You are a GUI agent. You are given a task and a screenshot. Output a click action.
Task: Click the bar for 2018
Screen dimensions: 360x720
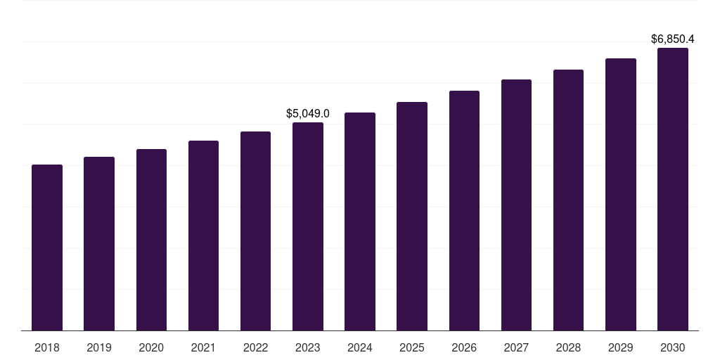[x=47, y=247]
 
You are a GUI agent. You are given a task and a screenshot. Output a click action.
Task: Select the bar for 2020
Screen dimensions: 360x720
[x=151, y=240]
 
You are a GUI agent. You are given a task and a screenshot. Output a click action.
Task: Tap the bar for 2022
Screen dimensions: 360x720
[x=255, y=231]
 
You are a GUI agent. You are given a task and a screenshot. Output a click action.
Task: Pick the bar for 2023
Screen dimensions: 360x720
[x=308, y=226]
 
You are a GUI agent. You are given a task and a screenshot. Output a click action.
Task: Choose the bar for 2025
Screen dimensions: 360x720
[x=412, y=216]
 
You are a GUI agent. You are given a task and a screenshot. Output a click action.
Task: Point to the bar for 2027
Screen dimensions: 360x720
[x=516, y=205]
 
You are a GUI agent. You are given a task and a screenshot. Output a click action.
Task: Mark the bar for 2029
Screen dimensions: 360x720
[x=621, y=194]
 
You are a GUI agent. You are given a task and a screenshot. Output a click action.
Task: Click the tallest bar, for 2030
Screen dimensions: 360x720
[x=673, y=189]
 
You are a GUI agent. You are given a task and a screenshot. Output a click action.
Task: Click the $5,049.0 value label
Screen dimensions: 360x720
[x=308, y=113]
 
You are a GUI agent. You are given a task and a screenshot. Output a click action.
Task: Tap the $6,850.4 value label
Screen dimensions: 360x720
[x=673, y=39]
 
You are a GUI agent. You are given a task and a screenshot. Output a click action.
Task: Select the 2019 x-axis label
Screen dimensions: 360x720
[x=99, y=347]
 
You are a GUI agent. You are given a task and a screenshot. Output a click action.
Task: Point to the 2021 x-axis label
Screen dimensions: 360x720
[x=203, y=347]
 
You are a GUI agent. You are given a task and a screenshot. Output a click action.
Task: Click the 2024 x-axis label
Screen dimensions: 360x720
[x=360, y=347]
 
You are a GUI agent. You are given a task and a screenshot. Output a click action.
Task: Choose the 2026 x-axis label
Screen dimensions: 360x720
[x=464, y=347]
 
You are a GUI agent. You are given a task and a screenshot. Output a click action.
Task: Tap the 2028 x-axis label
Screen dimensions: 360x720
[x=568, y=347]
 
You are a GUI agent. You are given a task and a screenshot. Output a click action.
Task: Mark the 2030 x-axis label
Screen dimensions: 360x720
[x=673, y=347]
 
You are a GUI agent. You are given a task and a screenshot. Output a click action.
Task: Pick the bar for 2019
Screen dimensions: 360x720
[x=99, y=243]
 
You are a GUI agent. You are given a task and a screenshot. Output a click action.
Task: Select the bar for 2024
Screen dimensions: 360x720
[x=360, y=221]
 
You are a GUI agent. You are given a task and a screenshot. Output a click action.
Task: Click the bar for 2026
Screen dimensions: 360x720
[x=464, y=210]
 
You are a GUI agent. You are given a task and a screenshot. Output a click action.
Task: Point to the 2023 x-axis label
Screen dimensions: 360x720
[x=308, y=347]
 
